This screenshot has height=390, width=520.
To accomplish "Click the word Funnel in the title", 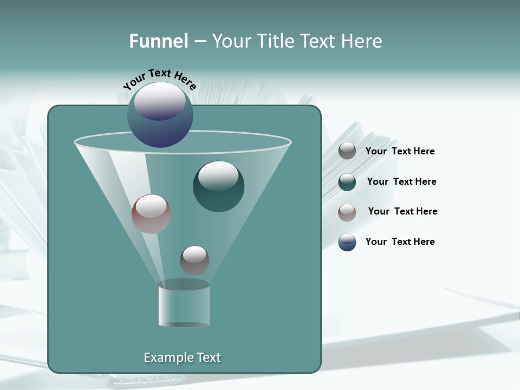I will click(159, 41).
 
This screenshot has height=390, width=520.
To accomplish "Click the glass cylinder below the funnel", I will click(184, 304).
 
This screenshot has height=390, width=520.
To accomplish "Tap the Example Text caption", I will click(182, 357).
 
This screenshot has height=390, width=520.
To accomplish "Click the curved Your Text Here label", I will click(159, 79).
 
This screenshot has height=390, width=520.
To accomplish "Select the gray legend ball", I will click(347, 151).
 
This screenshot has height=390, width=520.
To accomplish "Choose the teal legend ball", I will click(347, 182).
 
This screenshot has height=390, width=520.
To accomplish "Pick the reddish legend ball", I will click(347, 212).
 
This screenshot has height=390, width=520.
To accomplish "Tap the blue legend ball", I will click(347, 242).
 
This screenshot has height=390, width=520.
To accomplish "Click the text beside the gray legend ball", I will click(400, 152).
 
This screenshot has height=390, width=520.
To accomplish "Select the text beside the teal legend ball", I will click(401, 181).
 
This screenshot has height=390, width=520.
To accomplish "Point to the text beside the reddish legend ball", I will click(402, 211).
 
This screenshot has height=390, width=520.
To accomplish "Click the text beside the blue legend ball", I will click(400, 242).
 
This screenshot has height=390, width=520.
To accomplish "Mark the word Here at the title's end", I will click(363, 41).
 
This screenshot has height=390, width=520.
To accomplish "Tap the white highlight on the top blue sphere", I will click(160, 101).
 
